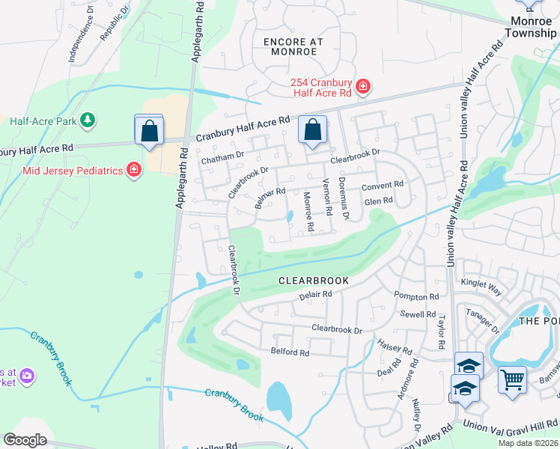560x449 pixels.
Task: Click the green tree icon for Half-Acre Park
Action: click(88, 120)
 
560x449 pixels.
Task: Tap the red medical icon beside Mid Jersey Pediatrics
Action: click(134, 170)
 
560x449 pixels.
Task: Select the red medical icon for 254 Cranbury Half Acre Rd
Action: click(363, 87)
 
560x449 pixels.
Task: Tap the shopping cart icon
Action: click(512, 379)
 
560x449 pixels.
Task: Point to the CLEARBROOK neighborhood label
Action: click(314, 281)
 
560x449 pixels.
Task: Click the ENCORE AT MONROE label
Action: click(290, 46)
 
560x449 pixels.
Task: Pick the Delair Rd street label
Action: click(315, 295)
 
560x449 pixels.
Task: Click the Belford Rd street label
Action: click(289, 352)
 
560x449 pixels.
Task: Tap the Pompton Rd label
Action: click(416, 297)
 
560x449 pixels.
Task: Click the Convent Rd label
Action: click(383, 185)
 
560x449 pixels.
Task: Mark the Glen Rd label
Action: click(378, 201)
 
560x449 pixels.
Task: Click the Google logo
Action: click(25, 440)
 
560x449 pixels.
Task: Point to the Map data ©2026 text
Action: click(528, 443)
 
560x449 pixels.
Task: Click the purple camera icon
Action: click(27, 376)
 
